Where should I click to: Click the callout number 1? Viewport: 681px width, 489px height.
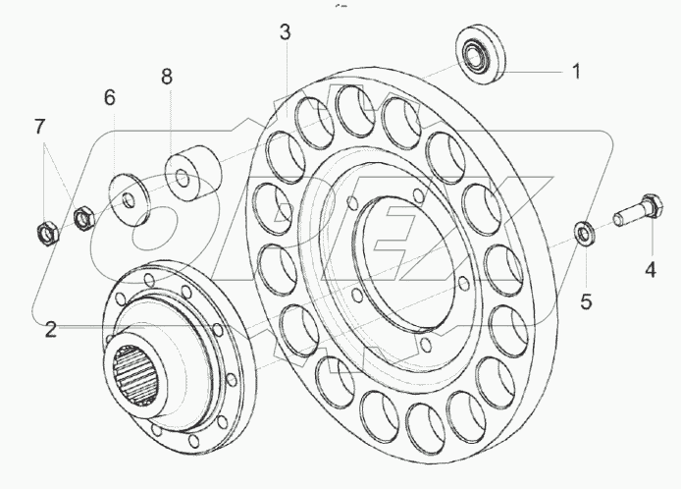tap(577, 71)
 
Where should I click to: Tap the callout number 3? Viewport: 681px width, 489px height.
tap(285, 32)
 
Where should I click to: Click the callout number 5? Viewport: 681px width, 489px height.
tap(585, 301)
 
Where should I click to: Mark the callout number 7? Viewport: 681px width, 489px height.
tap(39, 126)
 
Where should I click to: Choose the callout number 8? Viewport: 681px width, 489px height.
tap(167, 77)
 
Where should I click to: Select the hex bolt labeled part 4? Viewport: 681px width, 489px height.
tap(633, 209)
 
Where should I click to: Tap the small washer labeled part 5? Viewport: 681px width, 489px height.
tap(583, 233)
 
